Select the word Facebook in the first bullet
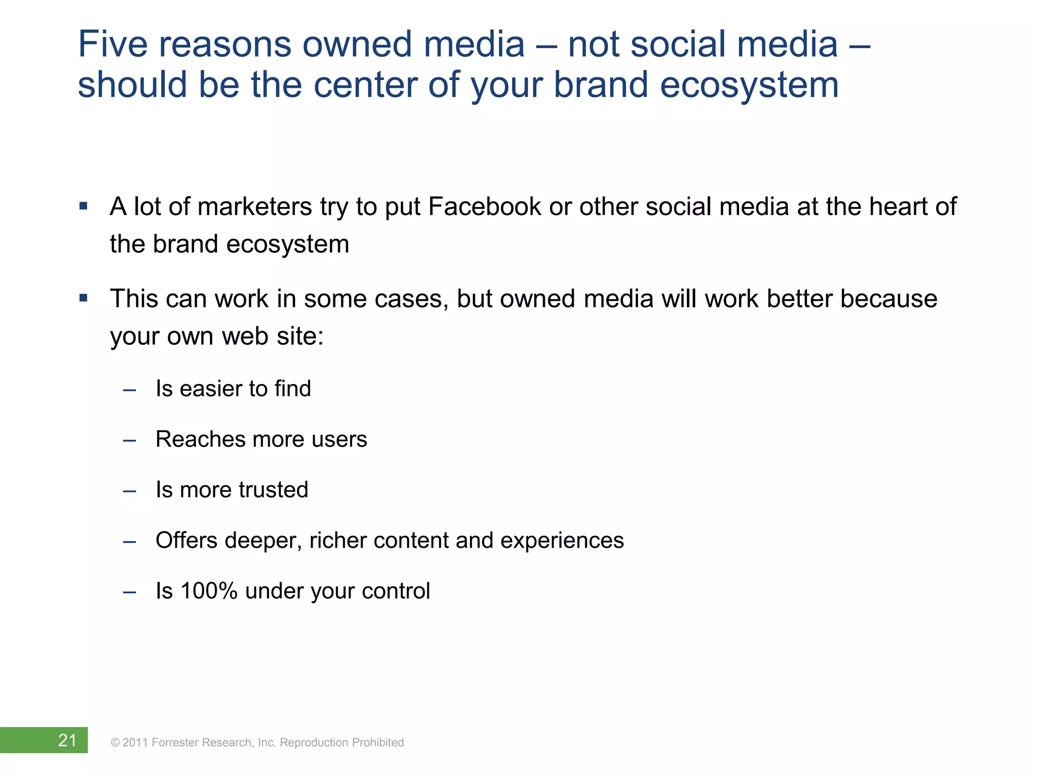pos(485,207)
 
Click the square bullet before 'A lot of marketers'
pos(84,206)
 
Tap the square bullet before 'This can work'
pos(84,298)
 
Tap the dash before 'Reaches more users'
pos(129,440)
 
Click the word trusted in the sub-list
pos(274,490)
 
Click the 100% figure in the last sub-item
pos(209,591)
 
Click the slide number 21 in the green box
pos(67,740)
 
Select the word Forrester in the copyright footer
pos(175,742)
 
